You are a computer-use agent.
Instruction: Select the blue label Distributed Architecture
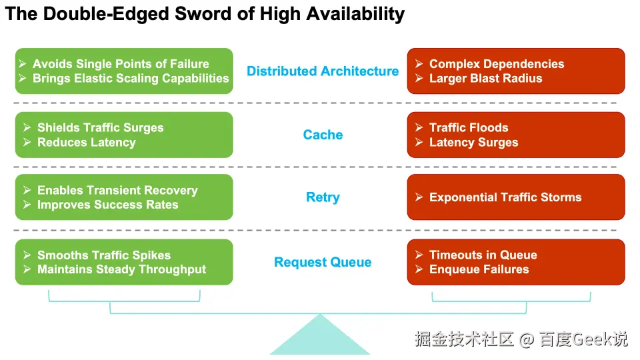point(323,71)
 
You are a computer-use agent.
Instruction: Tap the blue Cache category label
point(323,135)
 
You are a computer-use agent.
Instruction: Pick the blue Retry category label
point(323,197)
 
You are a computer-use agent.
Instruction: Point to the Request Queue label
point(323,262)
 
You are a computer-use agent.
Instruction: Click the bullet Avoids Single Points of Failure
point(121,64)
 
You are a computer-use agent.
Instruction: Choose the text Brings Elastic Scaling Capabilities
point(131,79)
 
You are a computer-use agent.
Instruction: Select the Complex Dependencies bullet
point(497,64)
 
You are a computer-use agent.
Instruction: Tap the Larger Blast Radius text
point(485,79)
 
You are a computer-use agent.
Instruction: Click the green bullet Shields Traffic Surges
point(100,127)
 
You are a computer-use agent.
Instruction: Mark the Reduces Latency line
point(86,142)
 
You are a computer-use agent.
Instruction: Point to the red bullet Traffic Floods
point(469,127)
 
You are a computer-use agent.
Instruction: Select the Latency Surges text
point(473,142)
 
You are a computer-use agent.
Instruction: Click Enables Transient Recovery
point(117,190)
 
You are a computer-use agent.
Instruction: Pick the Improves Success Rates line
point(107,205)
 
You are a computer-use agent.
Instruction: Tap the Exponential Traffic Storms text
point(505,197)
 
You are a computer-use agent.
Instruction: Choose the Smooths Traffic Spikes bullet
point(104,255)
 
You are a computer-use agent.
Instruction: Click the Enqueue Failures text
point(479,269)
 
